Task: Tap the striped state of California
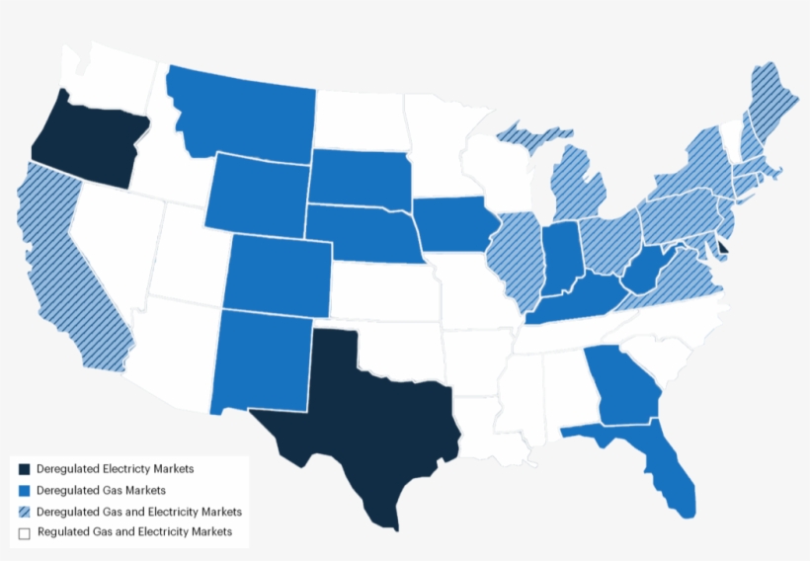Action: [x=69, y=267]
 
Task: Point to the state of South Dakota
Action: [x=361, y=178]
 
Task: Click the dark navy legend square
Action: [x=25, y=469]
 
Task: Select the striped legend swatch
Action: [x=25, y=512]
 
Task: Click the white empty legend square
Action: [x=25, y=533]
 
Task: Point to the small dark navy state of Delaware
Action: [x=722, y=248]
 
